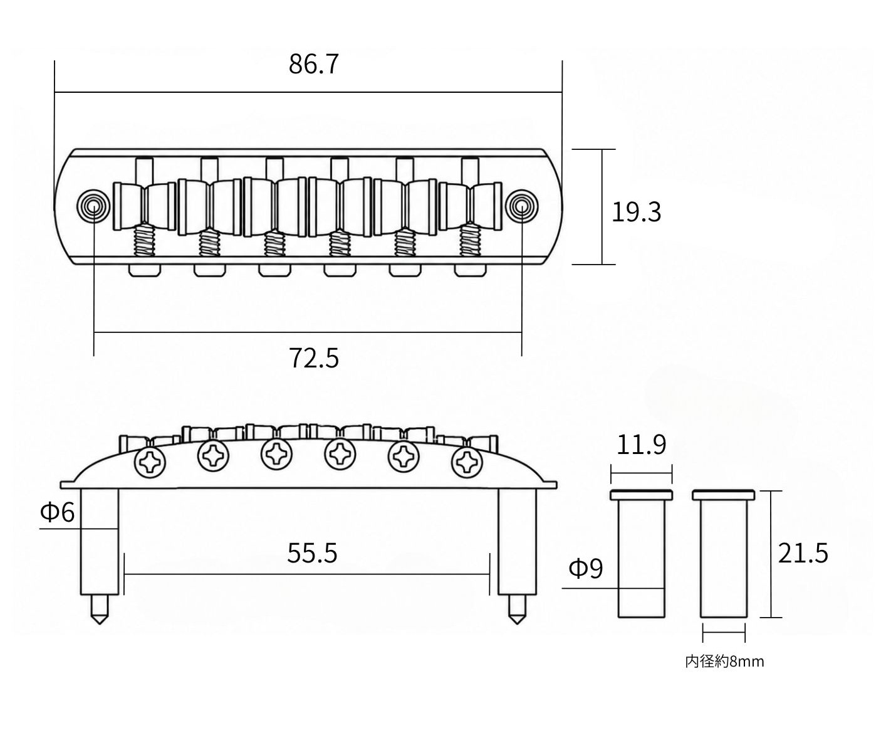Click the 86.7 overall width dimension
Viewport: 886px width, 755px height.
(313, 65)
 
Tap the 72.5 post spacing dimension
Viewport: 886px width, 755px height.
(314, 358)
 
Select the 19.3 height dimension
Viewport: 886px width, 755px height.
(636, 212)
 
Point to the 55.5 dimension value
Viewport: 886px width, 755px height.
(312, 553)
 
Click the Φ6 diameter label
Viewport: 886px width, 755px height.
(58, 512)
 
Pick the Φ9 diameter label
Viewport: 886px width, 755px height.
(585, 569)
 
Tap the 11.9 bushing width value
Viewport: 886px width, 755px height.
(641, 445)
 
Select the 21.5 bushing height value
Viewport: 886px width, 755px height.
(803, 553)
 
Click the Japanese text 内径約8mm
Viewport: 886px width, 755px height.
(724, 662)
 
